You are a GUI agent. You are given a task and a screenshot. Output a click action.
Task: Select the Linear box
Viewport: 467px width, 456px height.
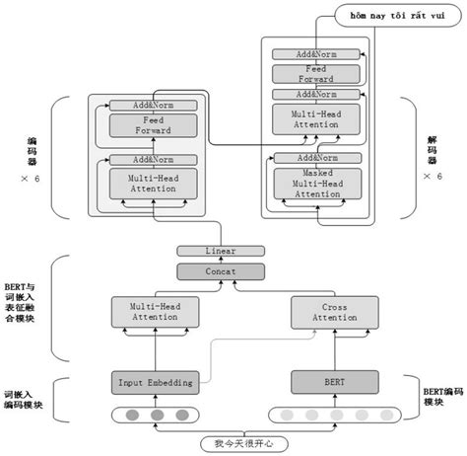click(207, 251)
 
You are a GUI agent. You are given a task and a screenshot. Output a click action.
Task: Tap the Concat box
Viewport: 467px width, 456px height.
click(207, 269)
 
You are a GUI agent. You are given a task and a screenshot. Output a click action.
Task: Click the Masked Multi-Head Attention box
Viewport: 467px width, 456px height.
click(317, 185)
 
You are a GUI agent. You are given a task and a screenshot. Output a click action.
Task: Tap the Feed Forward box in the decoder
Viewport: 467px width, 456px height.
click(316, 75)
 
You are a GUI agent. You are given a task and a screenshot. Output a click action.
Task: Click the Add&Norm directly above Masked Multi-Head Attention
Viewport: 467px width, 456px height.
click(316, 158)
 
